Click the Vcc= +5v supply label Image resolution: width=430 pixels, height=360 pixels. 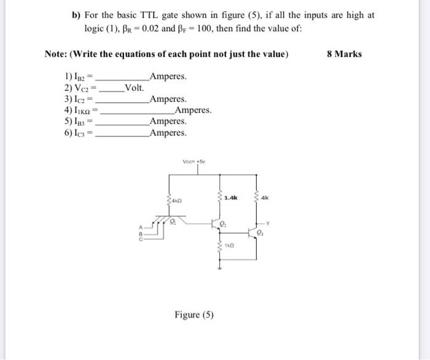click(x=197, y=162)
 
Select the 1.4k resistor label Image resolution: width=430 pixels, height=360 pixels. click(x=232, y=198)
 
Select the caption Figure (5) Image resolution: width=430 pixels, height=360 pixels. click(x=194, y=315)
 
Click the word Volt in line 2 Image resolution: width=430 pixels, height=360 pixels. click(x=135, y=88)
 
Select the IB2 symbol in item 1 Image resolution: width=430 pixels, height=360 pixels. click(x=82, y=77)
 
